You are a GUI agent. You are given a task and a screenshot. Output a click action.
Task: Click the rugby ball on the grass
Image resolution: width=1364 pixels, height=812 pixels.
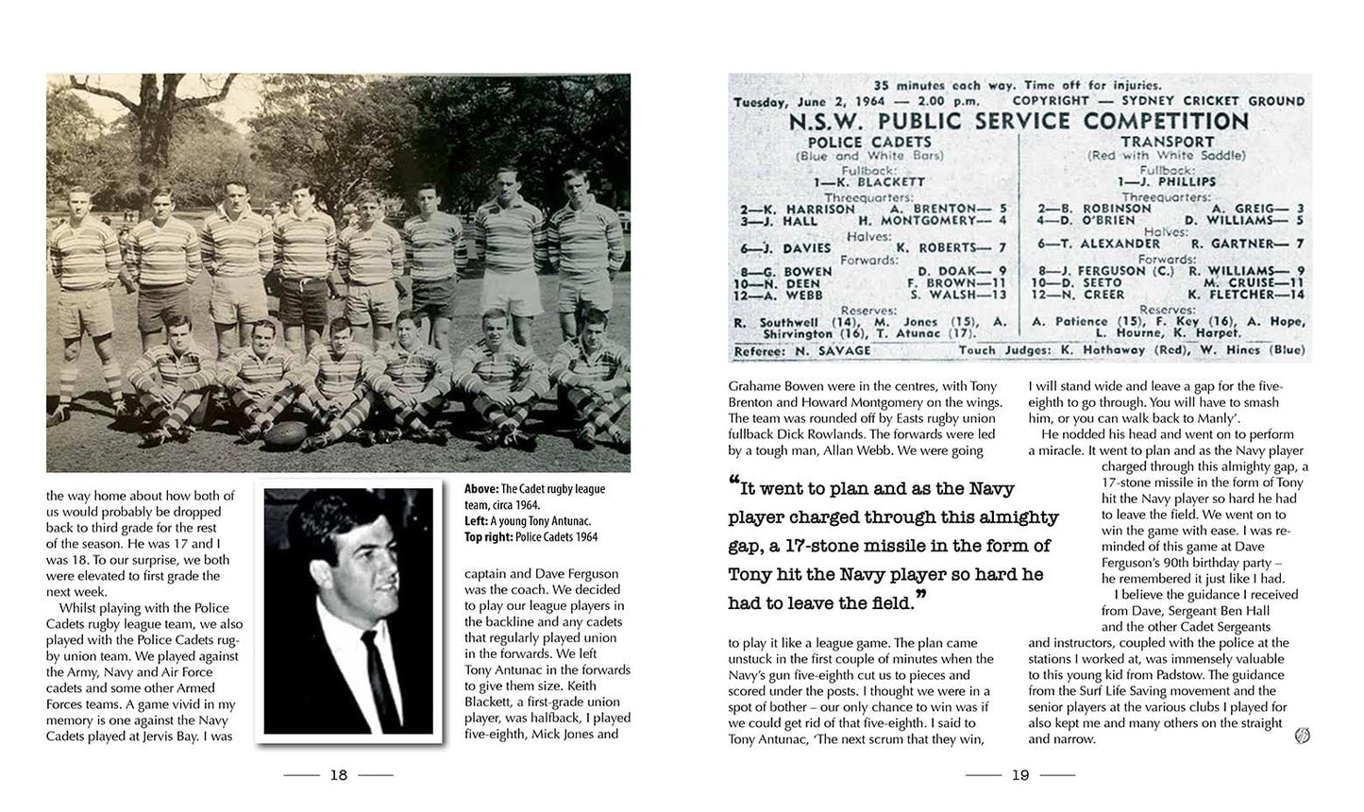(287, 435)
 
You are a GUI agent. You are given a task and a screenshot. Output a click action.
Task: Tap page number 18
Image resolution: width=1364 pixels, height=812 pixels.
(338, 775)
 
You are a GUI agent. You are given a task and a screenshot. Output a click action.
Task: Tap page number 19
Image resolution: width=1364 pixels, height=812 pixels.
(1019, 775)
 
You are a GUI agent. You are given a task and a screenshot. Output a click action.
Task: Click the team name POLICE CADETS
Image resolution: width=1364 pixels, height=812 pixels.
(857, 142)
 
